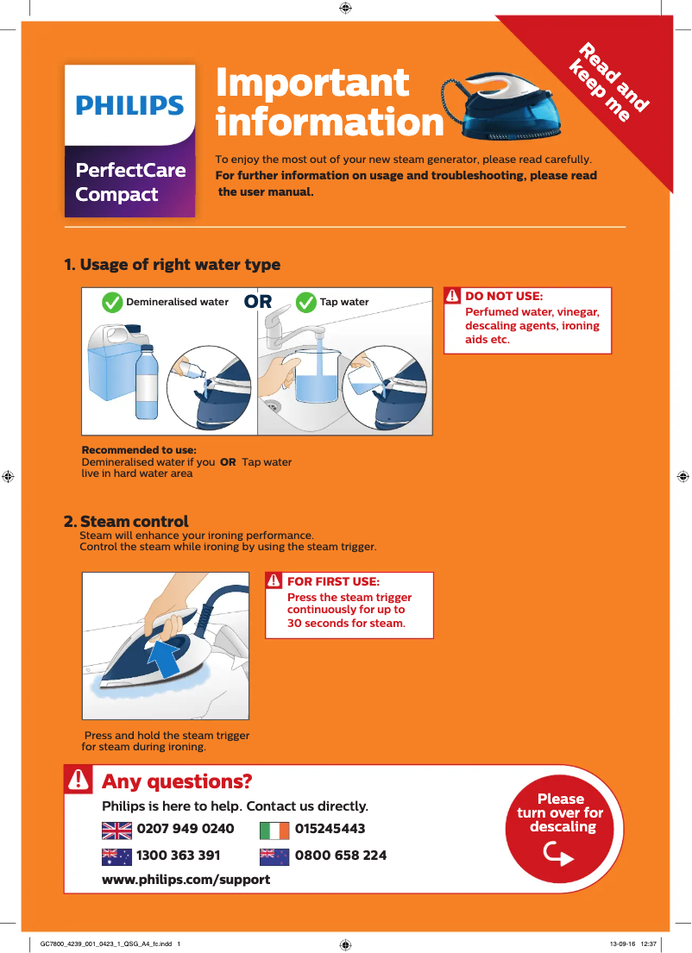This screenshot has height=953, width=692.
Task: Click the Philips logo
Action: pos(129,105)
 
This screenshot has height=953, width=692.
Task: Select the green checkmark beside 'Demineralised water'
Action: pos(112,303)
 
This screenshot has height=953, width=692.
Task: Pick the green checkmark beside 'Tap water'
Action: pos(305,303)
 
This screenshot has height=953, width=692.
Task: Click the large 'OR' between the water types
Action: pos(258,302)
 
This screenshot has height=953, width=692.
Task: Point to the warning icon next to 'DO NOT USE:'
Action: pos(453,296)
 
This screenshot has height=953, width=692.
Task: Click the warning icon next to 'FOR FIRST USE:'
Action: pos(274,581)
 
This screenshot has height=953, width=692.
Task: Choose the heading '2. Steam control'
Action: pos(127,522)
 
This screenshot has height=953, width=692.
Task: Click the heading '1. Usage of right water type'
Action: pos(173,265)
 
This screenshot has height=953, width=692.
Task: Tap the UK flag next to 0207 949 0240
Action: pos(116,830)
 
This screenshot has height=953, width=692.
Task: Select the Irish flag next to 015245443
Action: pos(274,830)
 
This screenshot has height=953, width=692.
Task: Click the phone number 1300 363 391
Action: pos(179,856)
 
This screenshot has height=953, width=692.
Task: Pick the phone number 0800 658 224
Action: pos(341,856)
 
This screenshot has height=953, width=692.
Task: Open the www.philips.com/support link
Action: pos(186,880)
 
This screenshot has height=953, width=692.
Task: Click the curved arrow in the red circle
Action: pos(560,853)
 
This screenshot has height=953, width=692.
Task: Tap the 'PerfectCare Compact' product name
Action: pos(129,182)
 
